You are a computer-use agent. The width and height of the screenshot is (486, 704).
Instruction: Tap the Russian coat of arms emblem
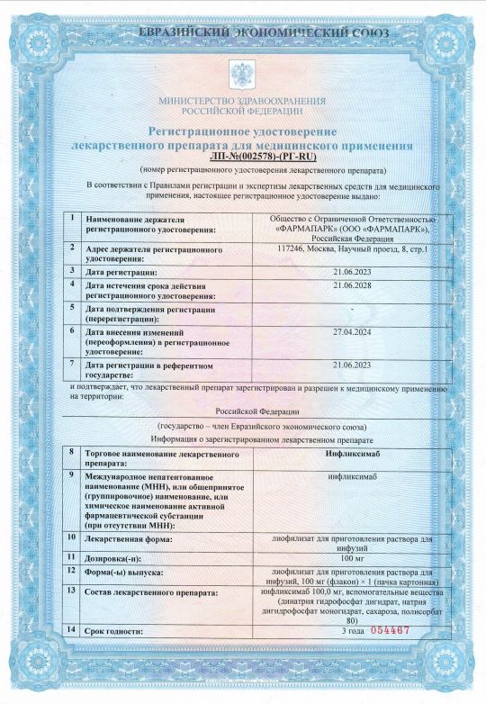click(x=243, y=73)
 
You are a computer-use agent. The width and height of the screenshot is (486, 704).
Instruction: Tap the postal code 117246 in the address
click(x=293, y=248)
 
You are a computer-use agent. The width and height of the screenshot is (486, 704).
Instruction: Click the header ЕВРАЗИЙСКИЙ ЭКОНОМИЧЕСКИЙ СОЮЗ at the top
click(x=242, y=33)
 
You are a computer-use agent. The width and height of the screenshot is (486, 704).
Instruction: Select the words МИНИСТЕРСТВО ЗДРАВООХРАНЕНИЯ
click(x=242, y=102)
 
